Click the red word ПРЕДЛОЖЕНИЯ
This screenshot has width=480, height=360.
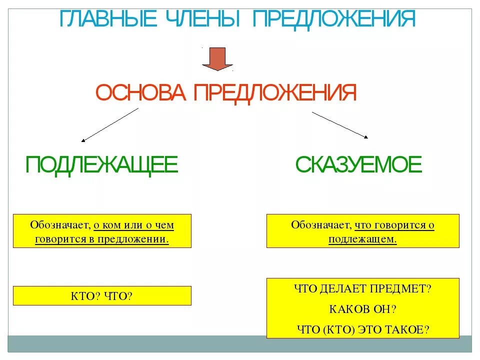coord(274,93)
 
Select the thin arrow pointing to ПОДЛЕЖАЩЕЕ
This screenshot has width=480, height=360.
coord(109,125)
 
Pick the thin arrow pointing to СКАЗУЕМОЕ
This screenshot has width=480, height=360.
coord(340,124)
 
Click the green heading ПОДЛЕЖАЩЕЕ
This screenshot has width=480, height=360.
coord(101,164)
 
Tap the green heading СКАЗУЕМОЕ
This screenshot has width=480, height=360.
coord(358,164)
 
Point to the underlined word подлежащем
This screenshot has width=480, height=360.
coord(362,239)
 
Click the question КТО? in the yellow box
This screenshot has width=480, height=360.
coord(86,296)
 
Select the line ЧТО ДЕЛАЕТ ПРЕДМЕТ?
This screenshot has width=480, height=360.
coord(362,288)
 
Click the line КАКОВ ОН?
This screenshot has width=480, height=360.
coord(362,308)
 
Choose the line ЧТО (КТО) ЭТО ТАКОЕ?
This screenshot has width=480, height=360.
coord(362,329)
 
